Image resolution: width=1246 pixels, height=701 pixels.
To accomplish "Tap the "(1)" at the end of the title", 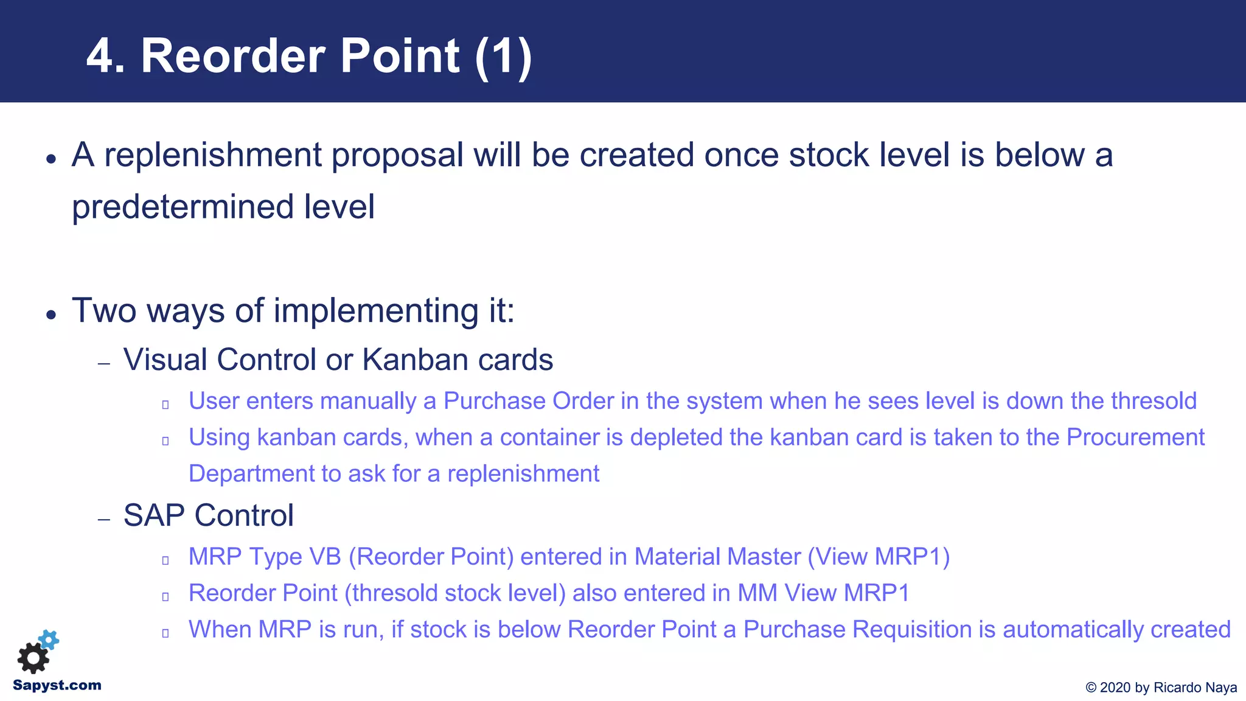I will [x=503, y=57].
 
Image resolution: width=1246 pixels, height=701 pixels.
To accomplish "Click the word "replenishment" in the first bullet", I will [x=212, y=155].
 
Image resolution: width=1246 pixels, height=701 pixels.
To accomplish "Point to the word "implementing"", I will [x=375, y=311].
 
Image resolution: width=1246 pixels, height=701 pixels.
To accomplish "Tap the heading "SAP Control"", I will [x=208, y=515].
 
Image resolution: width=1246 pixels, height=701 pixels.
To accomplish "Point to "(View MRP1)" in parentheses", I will [x=879, y=557].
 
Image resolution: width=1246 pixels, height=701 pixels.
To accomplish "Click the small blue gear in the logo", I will [x=49, y=640].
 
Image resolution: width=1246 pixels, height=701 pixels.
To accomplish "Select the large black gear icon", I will [x=33, y=658].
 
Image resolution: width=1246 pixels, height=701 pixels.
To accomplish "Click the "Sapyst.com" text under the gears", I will [x=57, y=685].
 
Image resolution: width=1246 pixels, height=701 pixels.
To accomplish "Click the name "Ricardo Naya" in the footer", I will [x=1195, y=688].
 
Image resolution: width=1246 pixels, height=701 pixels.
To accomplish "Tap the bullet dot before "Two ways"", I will [x=51, y=315].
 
